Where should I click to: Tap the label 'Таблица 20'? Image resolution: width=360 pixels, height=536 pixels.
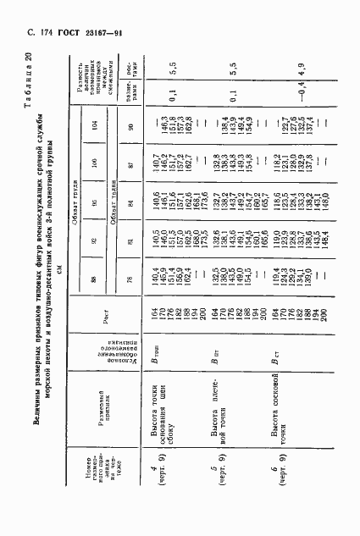[x=339, y=85]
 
